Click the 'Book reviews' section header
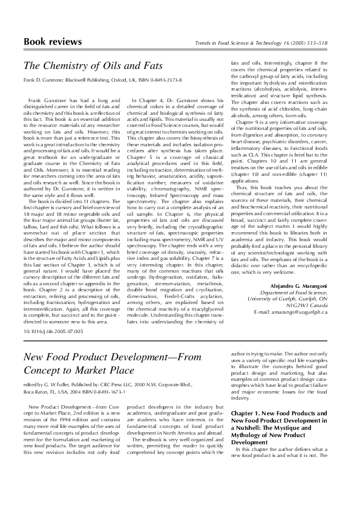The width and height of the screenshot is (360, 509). pos(52,42)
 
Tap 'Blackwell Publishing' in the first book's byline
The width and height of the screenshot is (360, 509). pos(91,80)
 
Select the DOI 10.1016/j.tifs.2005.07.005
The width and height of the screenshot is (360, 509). pos(53,332)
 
